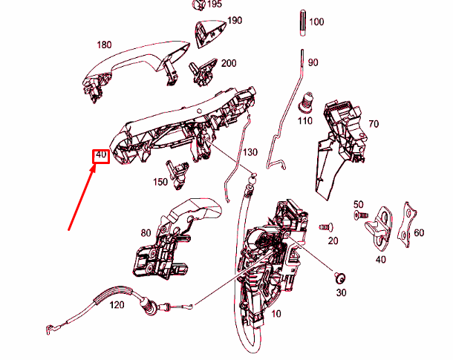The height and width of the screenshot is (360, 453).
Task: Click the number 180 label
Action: [104, 45]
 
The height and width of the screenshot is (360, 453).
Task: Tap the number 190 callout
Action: [235, 21]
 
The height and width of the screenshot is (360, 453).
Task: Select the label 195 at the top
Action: [215, 4]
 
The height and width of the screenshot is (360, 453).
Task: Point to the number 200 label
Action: [229, 63]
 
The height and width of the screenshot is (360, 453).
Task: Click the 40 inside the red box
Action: [101, 154]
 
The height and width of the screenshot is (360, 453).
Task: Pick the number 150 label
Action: [160, 182]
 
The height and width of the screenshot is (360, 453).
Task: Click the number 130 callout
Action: [250, 152]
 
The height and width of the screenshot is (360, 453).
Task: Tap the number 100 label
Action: [316, 22]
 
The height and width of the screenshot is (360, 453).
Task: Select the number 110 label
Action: [305, 121]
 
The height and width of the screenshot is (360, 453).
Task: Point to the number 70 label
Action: [374, 124]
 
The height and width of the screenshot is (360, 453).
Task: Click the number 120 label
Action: [117, 305]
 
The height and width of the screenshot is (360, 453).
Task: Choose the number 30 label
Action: [341, 292]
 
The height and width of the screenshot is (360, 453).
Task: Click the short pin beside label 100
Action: [302, 23]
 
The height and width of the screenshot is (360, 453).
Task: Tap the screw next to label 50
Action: [362, 215]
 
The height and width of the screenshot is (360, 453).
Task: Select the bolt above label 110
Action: [305, 102]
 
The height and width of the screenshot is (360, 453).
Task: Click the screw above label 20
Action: [326, 227]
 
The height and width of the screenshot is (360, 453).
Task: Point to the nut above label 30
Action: [340, 278]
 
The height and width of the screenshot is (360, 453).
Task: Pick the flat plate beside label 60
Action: [407, 225]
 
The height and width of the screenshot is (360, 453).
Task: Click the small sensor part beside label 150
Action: [177, 174]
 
